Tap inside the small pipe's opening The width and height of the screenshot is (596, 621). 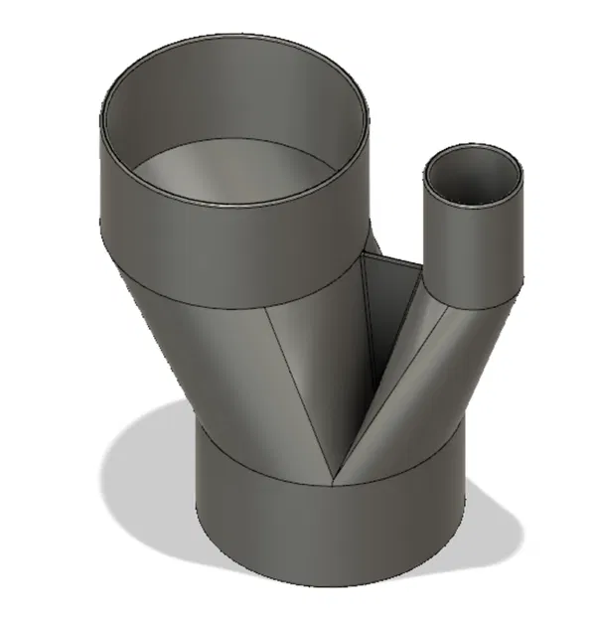click(x=475, y=179)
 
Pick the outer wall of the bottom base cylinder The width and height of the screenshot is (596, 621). click(x=328, y=537)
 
